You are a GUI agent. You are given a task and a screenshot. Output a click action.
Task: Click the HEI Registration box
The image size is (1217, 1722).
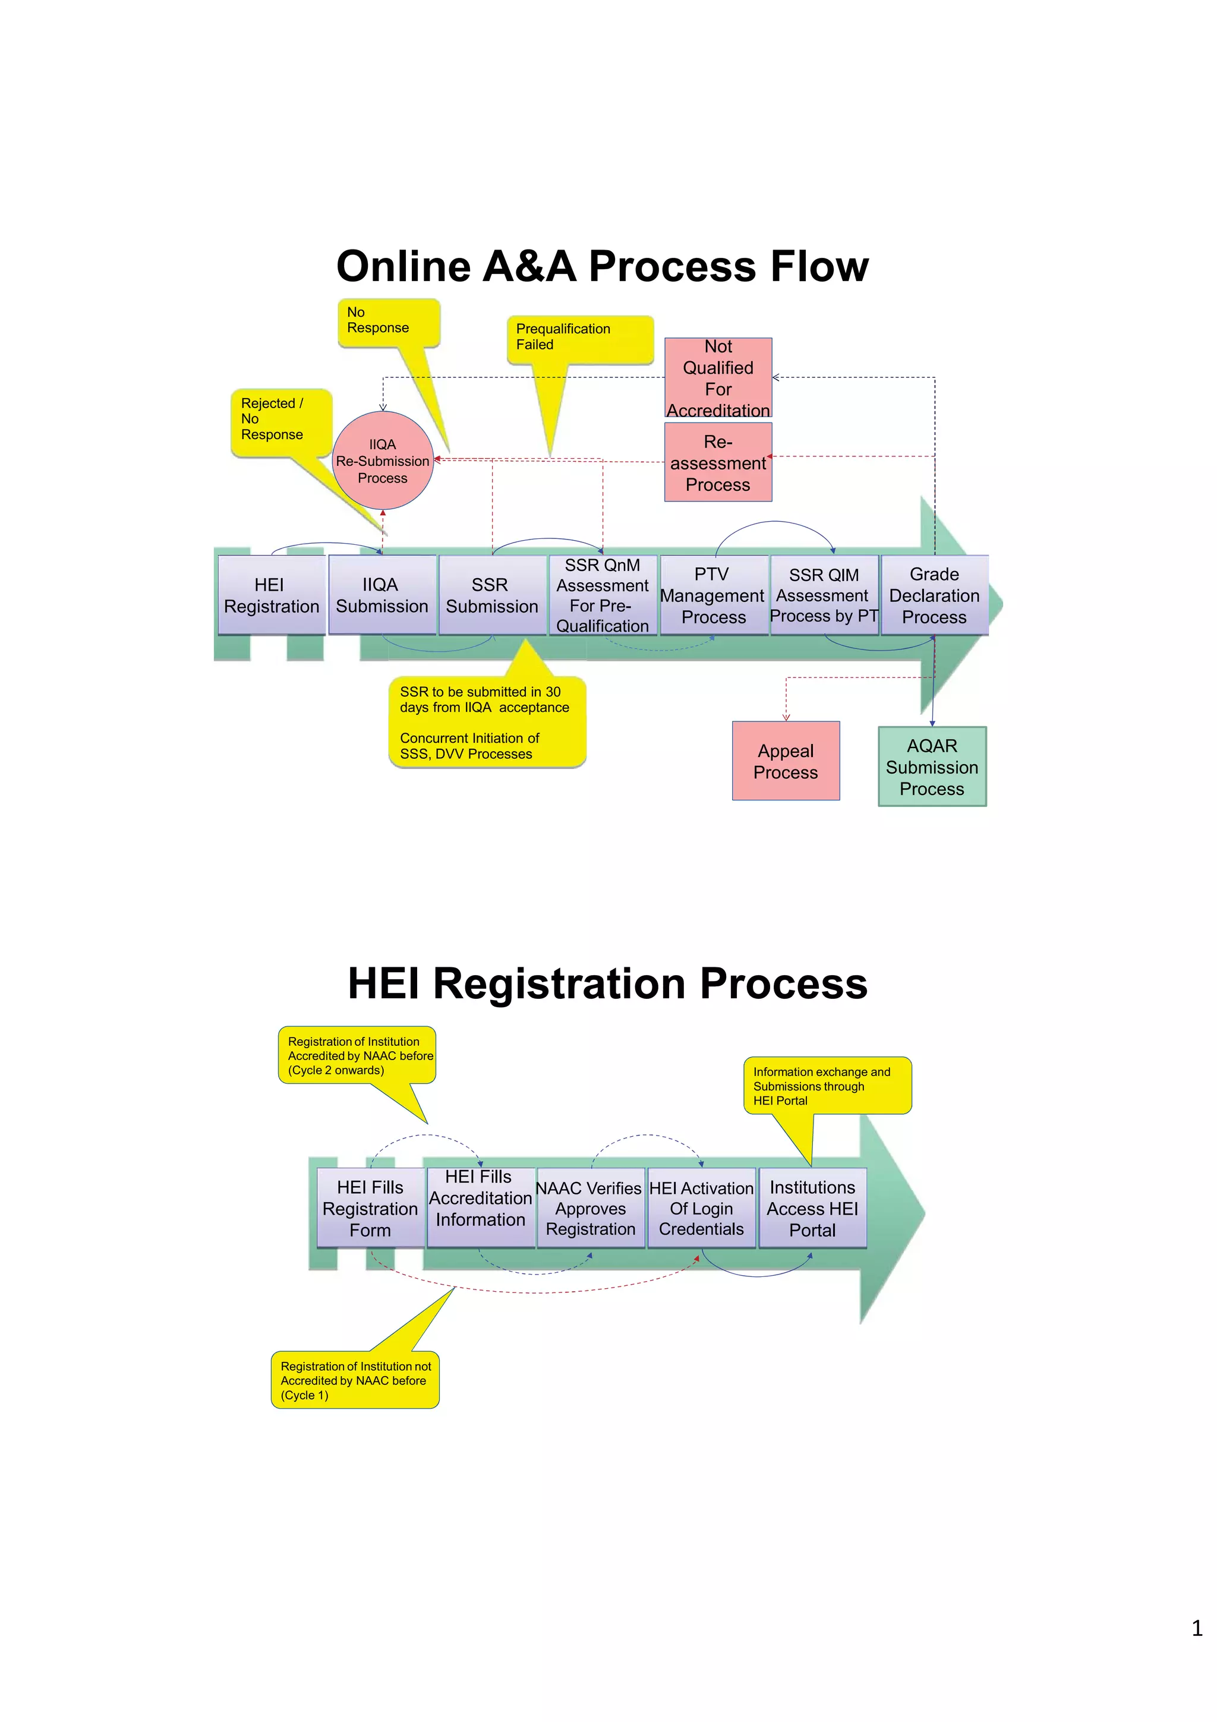coord(272,595)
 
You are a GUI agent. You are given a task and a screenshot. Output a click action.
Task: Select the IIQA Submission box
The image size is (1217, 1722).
coord(382,595)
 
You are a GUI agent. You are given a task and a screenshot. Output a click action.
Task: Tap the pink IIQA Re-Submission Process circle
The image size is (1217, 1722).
coord(383,461)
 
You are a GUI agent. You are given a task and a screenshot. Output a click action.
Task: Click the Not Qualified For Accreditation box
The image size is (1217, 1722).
coord(718,378)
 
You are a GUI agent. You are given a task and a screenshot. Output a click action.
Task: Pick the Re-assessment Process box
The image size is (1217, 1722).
coord(718,462)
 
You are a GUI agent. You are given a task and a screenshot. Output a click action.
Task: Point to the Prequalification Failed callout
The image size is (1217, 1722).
coord(579,338)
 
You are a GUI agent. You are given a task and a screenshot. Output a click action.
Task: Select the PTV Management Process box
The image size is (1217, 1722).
coord(713,595)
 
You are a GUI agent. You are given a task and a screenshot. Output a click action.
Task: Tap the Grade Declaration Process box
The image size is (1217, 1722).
coord(934,595)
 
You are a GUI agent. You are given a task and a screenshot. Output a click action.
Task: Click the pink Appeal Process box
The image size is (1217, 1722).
coord(785,761)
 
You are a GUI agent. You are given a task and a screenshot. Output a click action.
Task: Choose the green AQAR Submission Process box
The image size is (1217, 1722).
coord(931,766)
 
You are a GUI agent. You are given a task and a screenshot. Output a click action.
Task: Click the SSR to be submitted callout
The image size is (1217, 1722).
coord(486,721)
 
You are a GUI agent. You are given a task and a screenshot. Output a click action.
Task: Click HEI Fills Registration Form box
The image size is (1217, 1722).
coord(370,1207)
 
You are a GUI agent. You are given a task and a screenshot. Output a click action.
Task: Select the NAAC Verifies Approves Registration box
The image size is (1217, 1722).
coord(590,1207)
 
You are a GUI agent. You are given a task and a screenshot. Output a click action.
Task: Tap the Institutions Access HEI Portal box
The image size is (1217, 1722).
coord(812,1207)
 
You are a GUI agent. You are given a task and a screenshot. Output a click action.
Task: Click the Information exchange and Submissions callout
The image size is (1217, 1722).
coord(827,1085)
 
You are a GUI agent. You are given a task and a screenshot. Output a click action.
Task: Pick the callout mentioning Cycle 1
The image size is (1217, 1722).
coord(355,1380)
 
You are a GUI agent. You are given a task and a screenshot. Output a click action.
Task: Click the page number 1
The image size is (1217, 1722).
coord(1197,1628)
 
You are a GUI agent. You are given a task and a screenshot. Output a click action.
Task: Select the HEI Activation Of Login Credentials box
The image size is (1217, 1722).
coord(701,1207)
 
